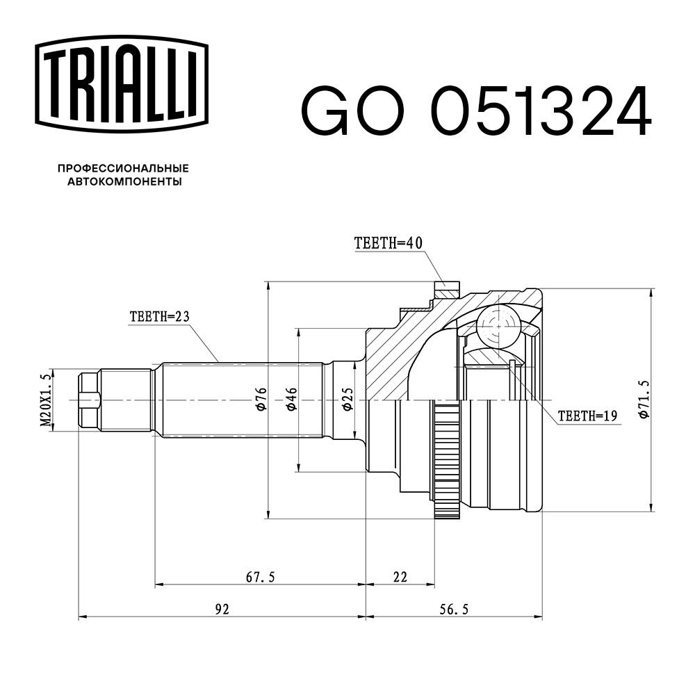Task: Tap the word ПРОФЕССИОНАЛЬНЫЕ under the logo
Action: point(123,168)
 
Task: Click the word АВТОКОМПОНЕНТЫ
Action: point(123,182)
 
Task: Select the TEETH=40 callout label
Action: point(388,243)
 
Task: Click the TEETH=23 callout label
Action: point(159,316)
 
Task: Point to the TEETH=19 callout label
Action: point(588,416)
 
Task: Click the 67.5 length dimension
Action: point(261,577)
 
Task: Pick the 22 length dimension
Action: point(400,577)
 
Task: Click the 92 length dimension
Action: point(222,610)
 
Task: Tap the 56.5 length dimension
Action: point(455,610)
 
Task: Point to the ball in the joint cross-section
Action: point(498,325)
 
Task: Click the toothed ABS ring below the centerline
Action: point(448,466)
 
